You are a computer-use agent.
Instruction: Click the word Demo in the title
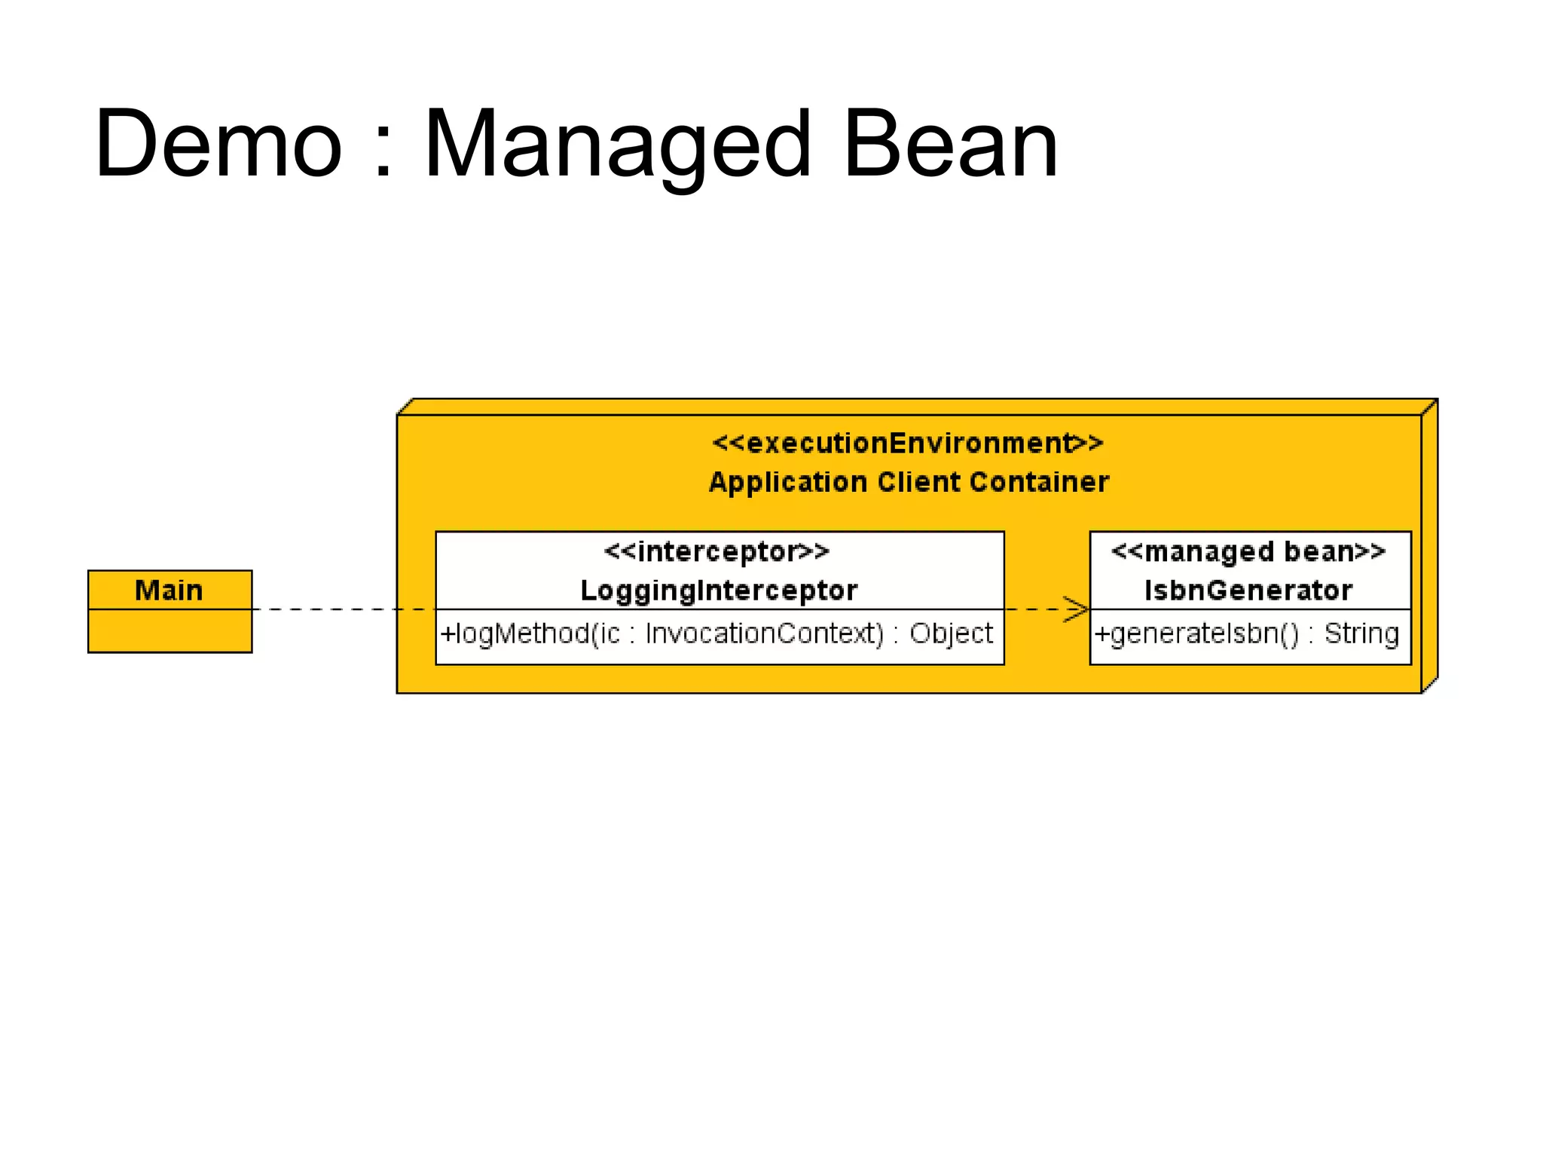tap(218, 145)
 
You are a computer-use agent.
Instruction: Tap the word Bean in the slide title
tap(951, 145)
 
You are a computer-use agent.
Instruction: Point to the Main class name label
tap(169, 590)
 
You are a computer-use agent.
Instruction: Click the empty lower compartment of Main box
tap(170, 631)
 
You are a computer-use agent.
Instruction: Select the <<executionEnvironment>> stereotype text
tap(908, 443)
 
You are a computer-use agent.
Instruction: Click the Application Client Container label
tap(909, 482)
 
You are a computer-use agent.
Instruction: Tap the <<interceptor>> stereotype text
tap(717, 552)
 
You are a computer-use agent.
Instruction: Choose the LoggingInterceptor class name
tap(719, 591)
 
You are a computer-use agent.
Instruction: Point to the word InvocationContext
tap(764, 633)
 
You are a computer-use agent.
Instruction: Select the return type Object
tap(951, 633)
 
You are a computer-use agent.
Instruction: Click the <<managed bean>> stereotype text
tap(1248, 552)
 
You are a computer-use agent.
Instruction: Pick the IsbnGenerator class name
tap(1248, 591)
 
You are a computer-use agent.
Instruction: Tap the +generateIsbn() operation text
tap(1197, 633)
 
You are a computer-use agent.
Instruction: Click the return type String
tap(1361, 633)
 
